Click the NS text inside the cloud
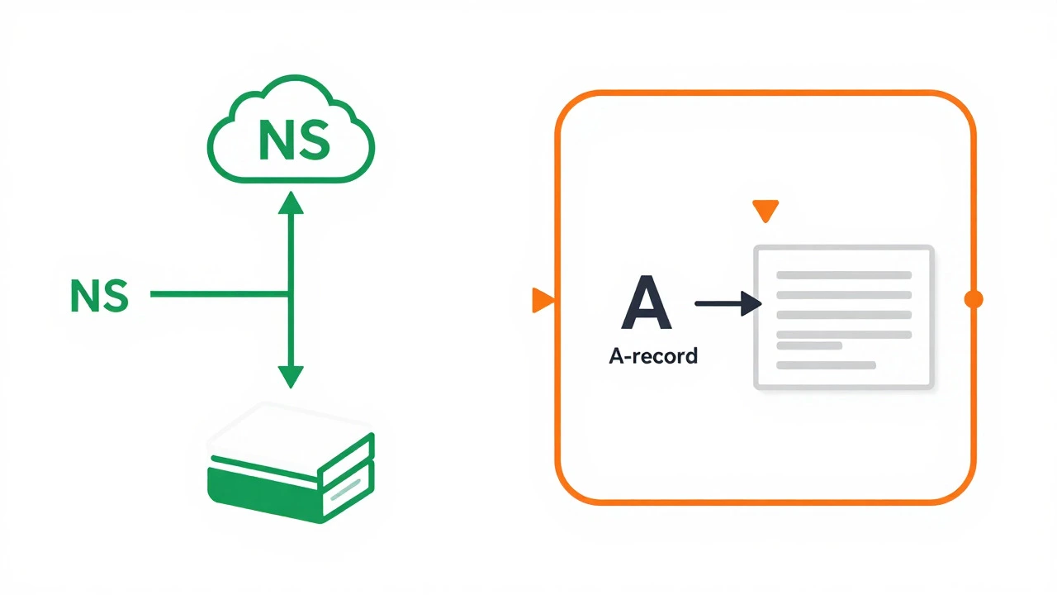point(294,140)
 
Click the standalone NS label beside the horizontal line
point(99,296)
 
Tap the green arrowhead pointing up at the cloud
point(291,202)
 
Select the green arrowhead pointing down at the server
point(291,378)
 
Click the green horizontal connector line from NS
point(219,293)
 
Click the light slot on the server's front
point(346,489)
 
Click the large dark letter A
point(646,302)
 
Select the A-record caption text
point(653,355)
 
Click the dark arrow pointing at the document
point(728,303)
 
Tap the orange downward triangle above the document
point(765,211)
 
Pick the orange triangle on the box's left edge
point(543,300)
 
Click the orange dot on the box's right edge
point(973,299)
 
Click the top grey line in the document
point(844,275)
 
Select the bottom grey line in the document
point(827,365)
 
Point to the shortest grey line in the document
point(809,345)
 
